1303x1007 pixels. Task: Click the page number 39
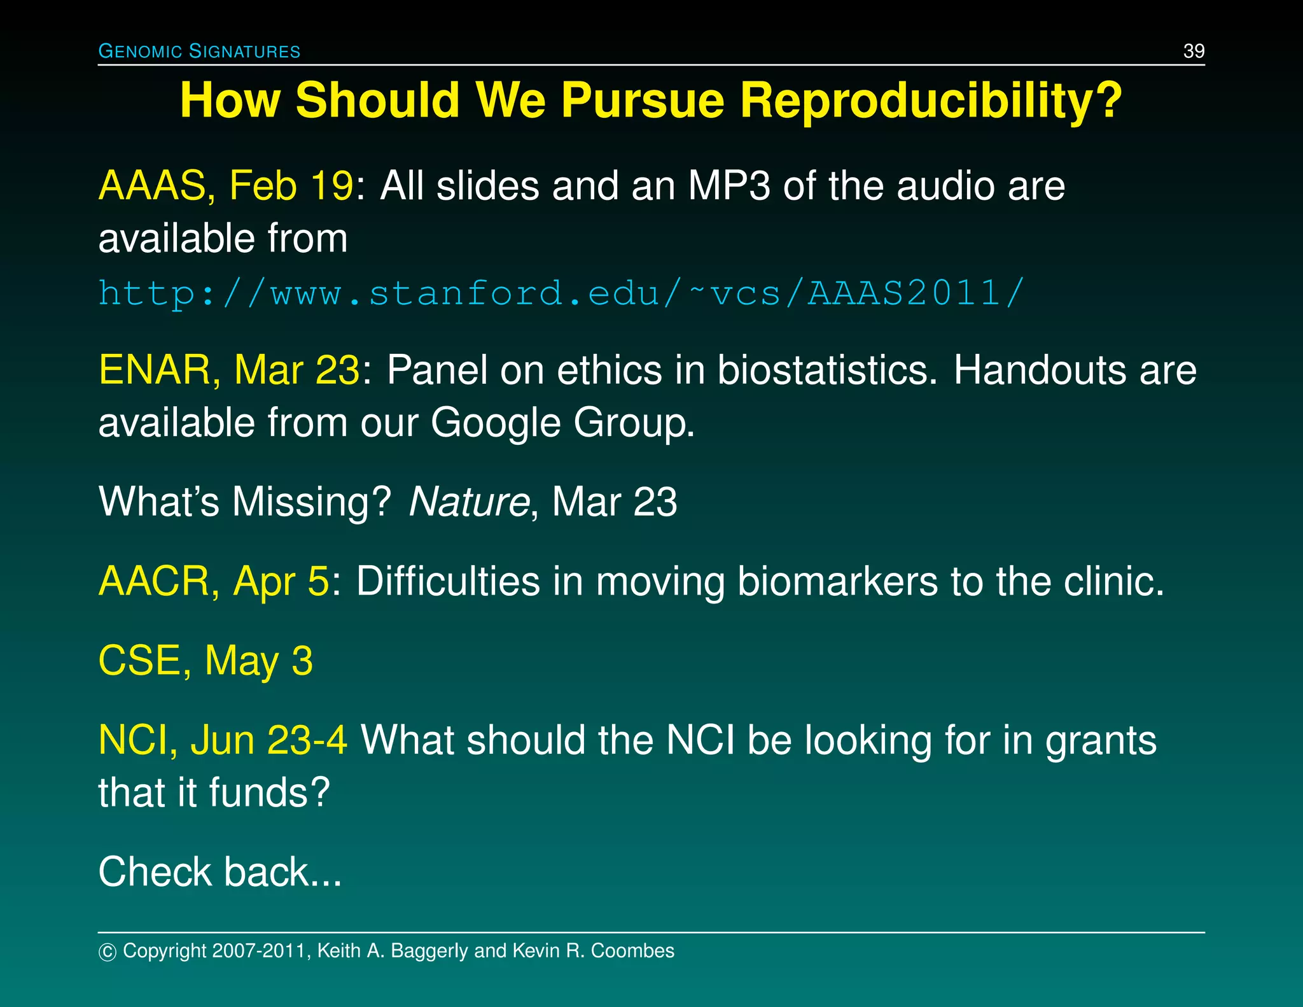tap(1194, 51)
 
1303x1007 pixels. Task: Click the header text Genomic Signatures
tap(199, 51)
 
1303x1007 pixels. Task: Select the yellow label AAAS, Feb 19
tap(226, 186)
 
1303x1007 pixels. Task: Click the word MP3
tap(729, 186)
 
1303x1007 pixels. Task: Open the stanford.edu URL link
tap(561, 293)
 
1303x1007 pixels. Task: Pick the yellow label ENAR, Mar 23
tap(229, 370)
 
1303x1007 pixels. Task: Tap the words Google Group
tap(562, 423)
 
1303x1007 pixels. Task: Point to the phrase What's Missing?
tap(244, 502)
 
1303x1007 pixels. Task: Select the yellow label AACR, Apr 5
tap(214, 581)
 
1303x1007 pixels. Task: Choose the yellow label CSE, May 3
tap(206, 661)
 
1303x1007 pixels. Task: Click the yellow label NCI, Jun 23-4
tap(223, 740)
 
